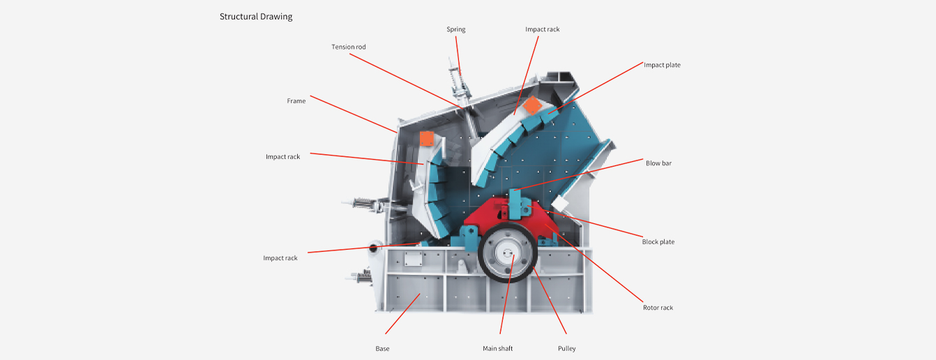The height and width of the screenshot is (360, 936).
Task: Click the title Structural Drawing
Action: [256, 16]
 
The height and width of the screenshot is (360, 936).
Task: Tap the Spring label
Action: [455, 29]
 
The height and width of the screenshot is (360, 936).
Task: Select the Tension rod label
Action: [348, 47]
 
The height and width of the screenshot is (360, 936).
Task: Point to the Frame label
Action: [296, 101]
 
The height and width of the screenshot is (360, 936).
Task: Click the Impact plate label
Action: [661, 65]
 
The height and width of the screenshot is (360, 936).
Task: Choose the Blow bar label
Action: [658, 163]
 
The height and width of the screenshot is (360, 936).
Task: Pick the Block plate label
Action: [658, 242]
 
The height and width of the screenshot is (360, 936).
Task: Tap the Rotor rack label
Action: [658, 308]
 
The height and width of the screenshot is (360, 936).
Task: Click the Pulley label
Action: [566, 348]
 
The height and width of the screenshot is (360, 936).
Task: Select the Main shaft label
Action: [497, 348]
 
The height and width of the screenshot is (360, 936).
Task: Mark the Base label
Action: [382, 348]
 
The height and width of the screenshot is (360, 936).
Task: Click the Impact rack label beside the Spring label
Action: [542, 29]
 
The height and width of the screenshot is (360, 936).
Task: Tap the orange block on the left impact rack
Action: [426, 139]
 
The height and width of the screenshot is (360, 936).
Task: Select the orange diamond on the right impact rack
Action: [531, 105]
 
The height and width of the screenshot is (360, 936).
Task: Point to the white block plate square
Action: [561, 204]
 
